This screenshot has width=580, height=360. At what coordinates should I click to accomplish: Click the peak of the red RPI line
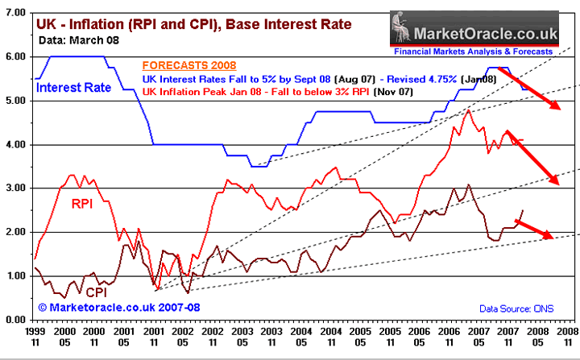pyautogui.click(x=467, y=110)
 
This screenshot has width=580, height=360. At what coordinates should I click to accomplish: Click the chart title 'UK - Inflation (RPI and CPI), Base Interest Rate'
pyautogui.click(x=194, y=24)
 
